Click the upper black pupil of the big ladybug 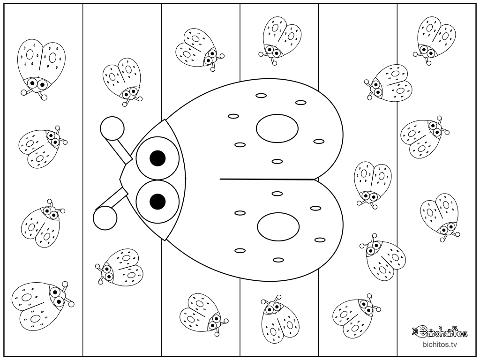[x=157, y=158]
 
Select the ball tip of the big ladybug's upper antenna [x=112, y=128]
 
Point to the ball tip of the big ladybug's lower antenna [x=105, y=218]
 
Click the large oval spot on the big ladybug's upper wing [x=277, y=128]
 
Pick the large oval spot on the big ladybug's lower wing [x=278, y=226]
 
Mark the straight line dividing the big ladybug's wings [x=267, y=179]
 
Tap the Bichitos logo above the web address [x=440, y=331]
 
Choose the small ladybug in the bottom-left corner [x=43, y=306]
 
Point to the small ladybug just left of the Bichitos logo [x=357, y=315]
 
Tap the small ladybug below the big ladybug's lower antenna [x=120, y=267]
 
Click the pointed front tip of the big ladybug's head [x=120, y=179]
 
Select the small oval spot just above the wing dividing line [x=277, y=161]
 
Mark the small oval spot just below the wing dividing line [x=277, y=194]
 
